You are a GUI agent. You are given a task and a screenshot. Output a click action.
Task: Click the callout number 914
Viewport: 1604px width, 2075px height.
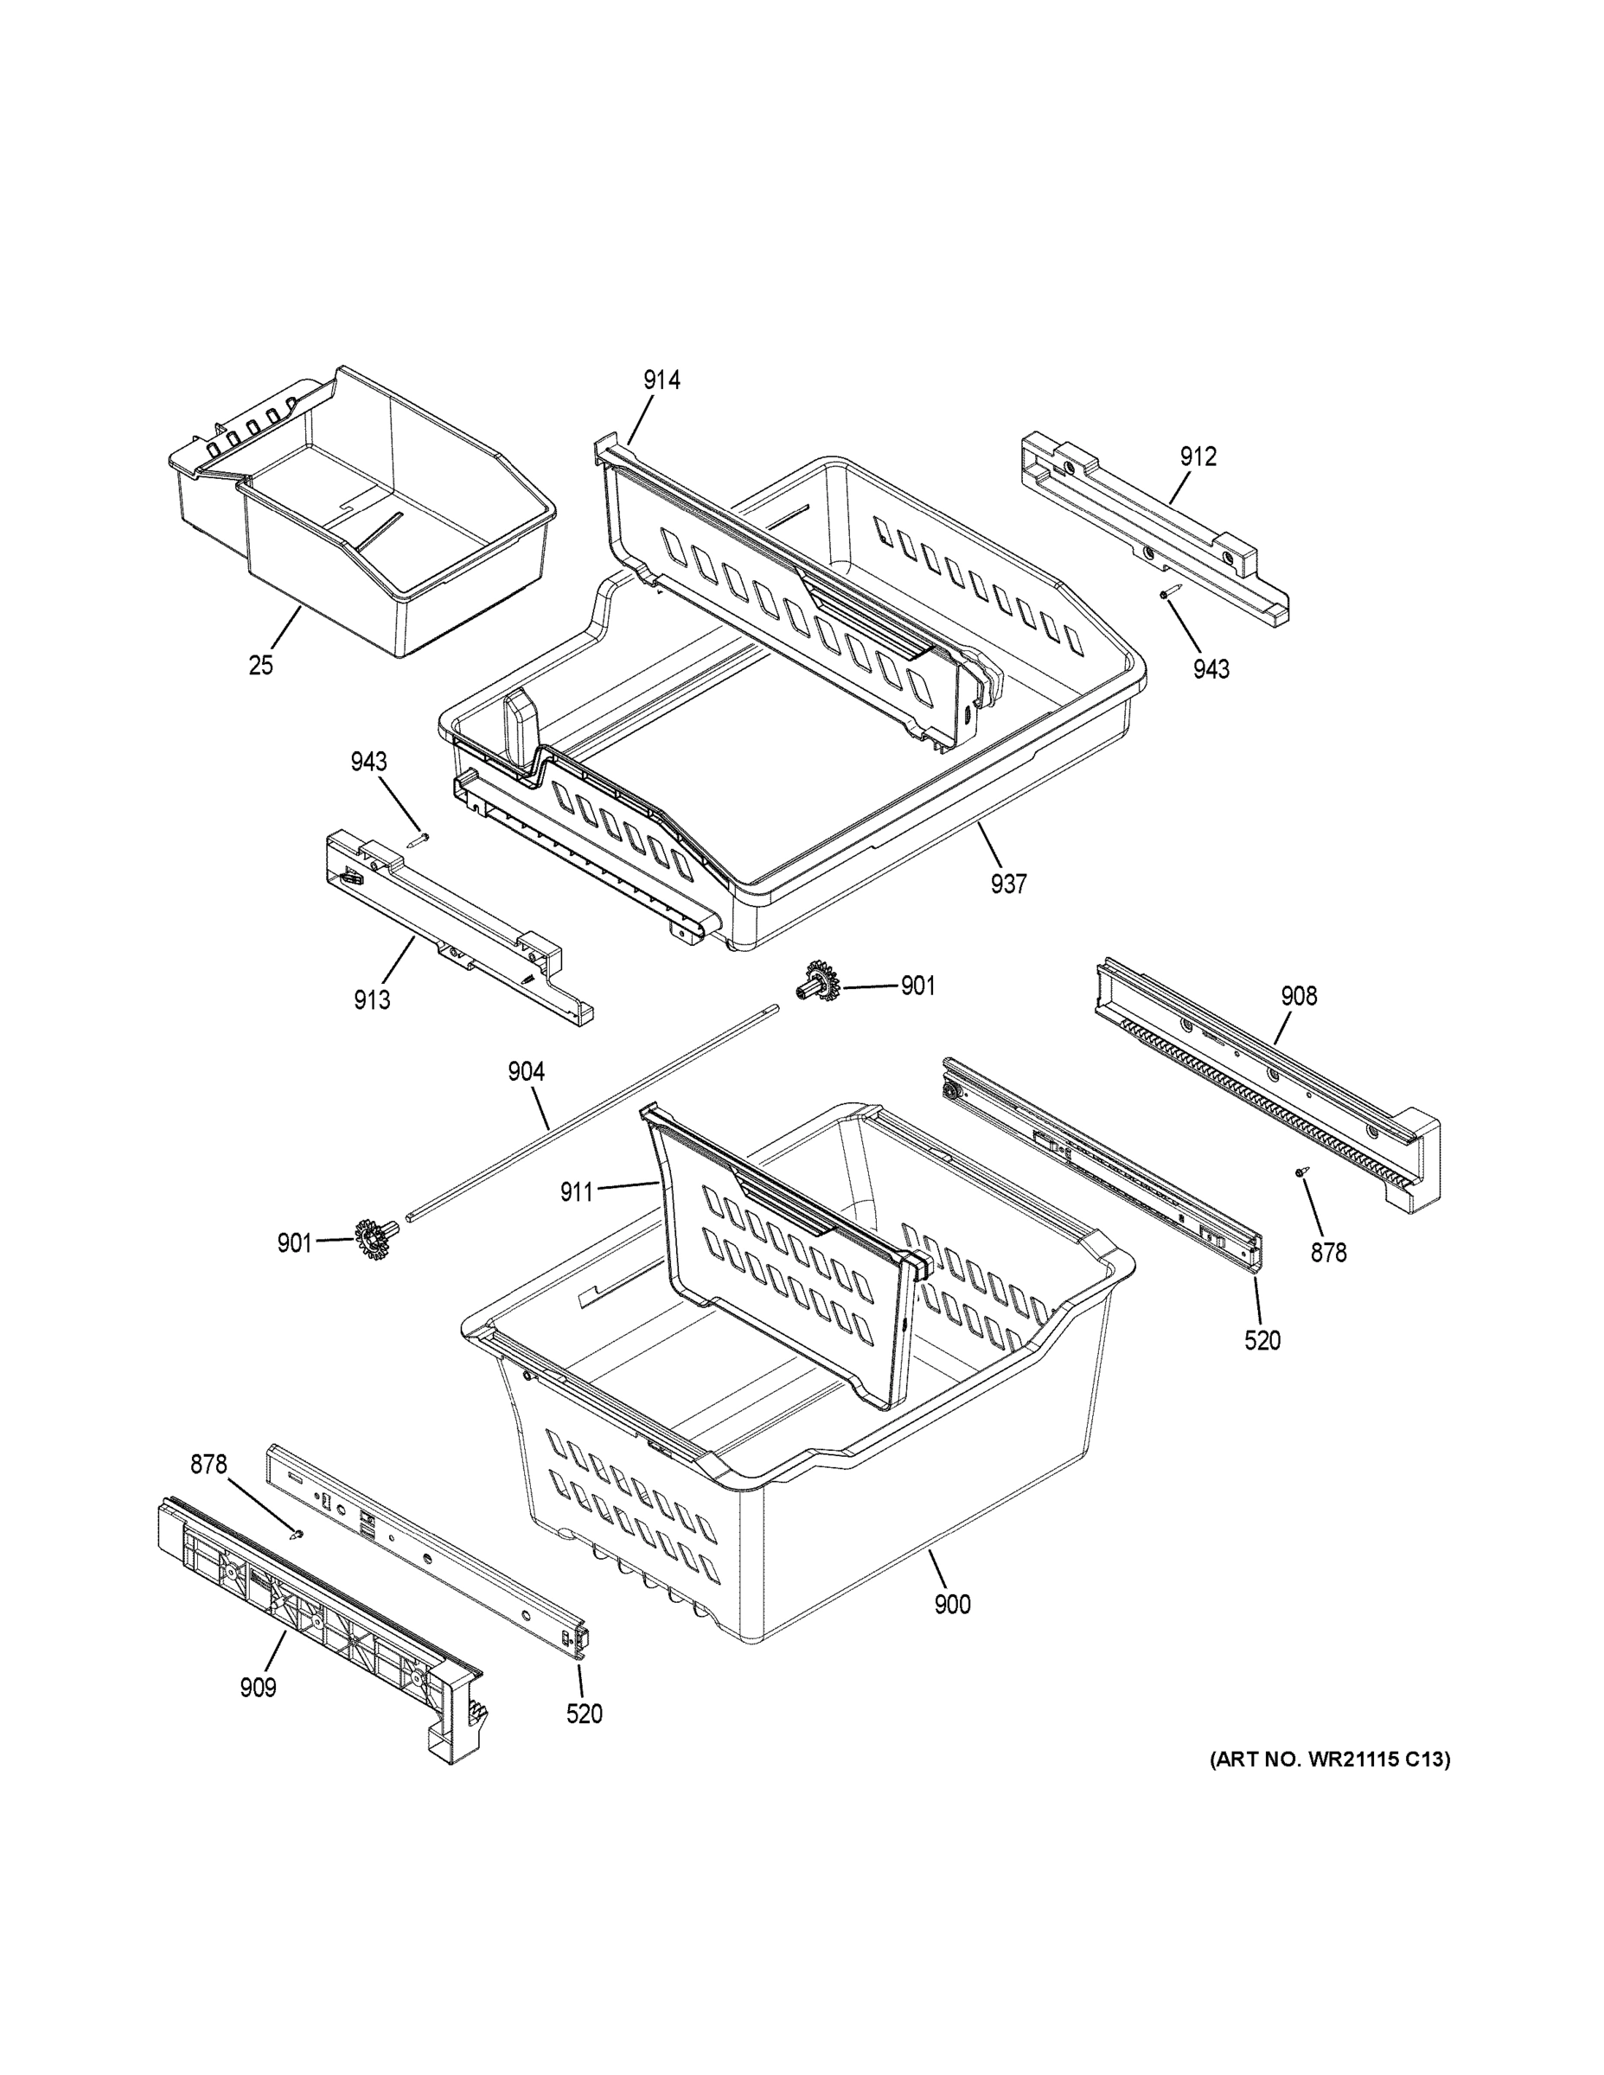[x=661, y=381]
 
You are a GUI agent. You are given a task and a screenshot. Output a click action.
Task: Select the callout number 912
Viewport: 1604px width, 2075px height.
[x=1198, y=457]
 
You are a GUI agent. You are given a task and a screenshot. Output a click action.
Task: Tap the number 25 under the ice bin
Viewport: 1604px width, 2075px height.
[x=260, y=666]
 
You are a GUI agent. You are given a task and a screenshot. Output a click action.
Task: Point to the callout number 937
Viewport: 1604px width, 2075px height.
[x=1008, y=884]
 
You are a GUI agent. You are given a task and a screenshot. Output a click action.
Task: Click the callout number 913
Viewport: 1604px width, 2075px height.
[x=372, y=1000]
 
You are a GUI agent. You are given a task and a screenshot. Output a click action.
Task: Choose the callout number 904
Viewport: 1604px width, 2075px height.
[x=526, y=1073]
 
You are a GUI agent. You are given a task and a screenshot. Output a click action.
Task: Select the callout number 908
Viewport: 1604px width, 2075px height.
[x=1298, y=997]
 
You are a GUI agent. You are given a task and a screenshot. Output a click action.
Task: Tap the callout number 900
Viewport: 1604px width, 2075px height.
[x=952, y=1605]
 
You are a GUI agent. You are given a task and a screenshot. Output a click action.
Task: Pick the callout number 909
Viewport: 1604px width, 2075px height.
[x=258, y=1689]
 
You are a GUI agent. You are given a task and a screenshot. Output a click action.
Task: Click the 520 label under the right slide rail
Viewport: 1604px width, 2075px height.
[x=1262, y=1341]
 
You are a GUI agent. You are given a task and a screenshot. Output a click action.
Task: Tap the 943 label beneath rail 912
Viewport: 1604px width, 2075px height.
[x=1211, y=670]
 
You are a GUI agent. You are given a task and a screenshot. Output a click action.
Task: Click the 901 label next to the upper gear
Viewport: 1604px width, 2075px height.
[x=917, y=986]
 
